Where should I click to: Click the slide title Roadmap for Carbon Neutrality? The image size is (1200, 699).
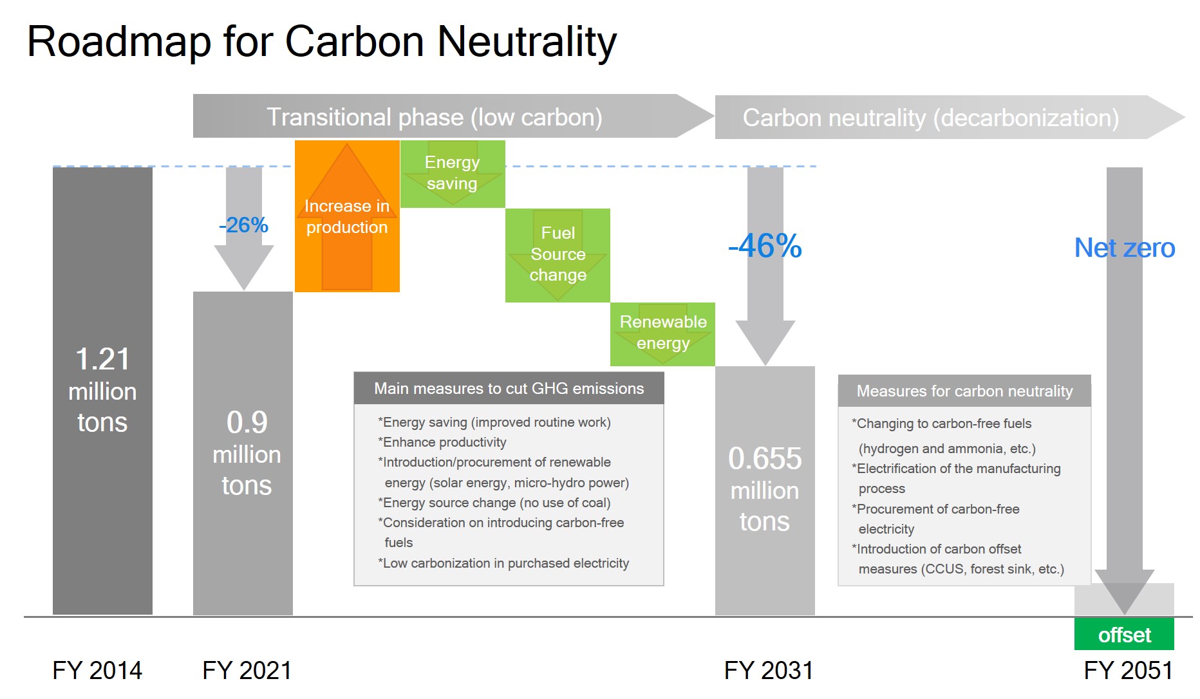point(322,42)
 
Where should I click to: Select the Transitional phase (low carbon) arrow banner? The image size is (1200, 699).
point(435,117)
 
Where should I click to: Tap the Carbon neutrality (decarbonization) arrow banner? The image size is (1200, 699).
point(930,118)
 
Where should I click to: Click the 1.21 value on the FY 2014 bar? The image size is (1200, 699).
point(102,359)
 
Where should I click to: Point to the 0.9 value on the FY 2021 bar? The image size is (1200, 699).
point(247,423)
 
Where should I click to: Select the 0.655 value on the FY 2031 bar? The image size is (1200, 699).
point(765,459)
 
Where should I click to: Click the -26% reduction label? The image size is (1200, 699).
point(243,225)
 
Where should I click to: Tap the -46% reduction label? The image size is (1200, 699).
point(765,246)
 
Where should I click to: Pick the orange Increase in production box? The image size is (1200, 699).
point(347,216)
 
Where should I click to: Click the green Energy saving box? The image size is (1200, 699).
point(452,173)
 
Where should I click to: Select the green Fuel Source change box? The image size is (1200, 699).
point(558,254)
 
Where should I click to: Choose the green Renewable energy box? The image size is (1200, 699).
point(662,333)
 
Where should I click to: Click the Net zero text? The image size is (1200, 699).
point(1124,248)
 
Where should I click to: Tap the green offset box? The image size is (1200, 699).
point(1124,635)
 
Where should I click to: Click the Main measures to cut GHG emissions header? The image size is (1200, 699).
point(509,389)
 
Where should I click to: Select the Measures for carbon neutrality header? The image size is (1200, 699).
point(964,391)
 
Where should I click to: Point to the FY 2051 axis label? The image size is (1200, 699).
point(1128,671)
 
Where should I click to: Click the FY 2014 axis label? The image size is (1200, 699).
point(97,671)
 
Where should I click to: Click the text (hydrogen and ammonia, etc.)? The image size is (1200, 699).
point(947,449)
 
